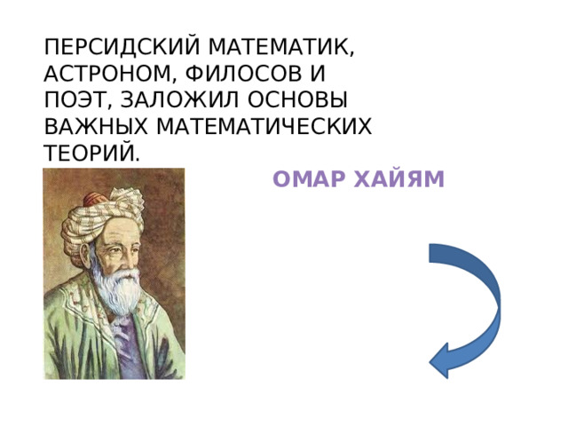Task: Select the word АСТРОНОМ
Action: pos(108,72)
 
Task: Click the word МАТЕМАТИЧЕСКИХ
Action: pos(267,127)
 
